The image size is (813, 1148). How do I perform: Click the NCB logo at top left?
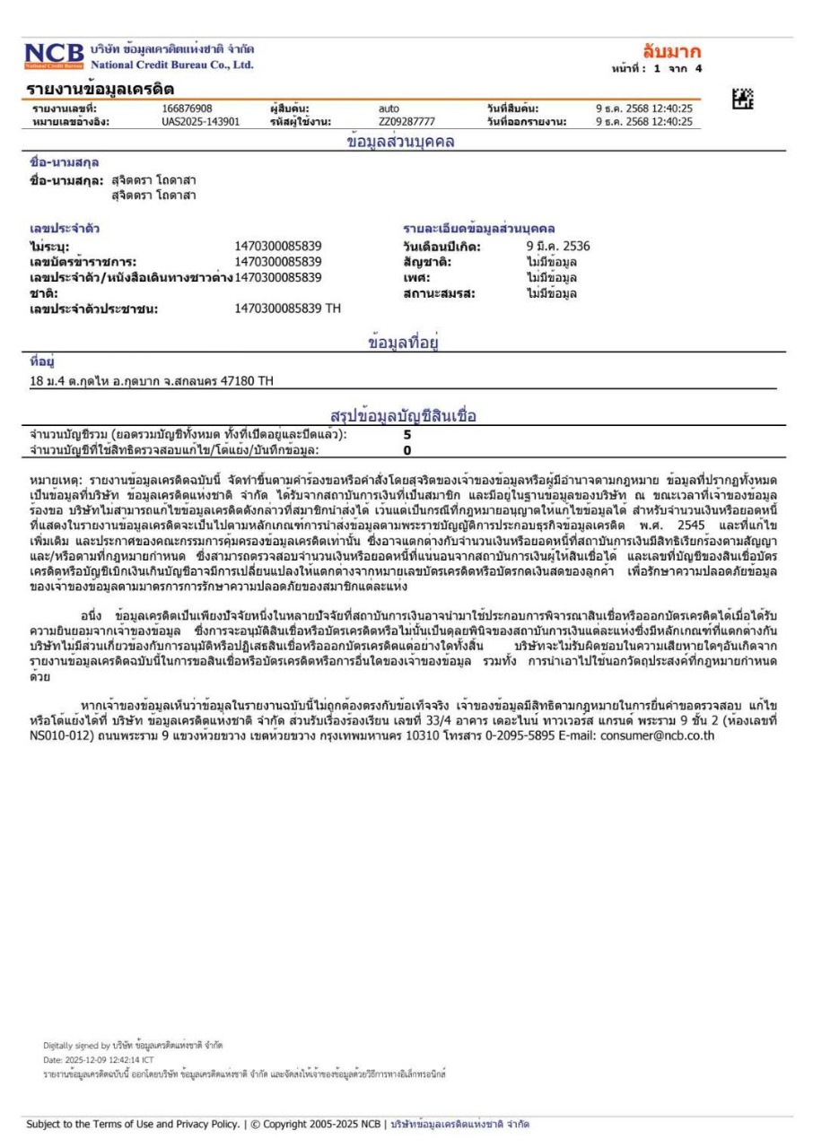coord(56,57)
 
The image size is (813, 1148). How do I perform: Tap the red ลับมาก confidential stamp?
coord(671,50)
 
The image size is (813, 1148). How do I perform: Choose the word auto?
coord(389,109)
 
